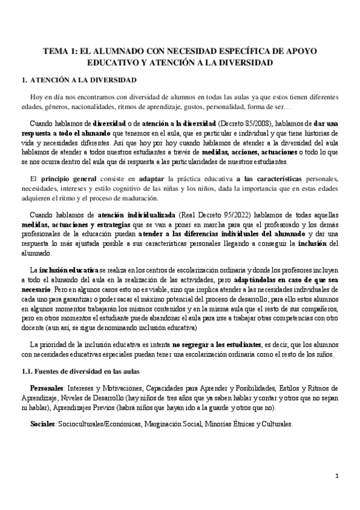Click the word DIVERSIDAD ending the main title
[243, 62]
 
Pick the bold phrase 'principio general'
[66, 180]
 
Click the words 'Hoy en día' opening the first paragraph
[45, 97]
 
